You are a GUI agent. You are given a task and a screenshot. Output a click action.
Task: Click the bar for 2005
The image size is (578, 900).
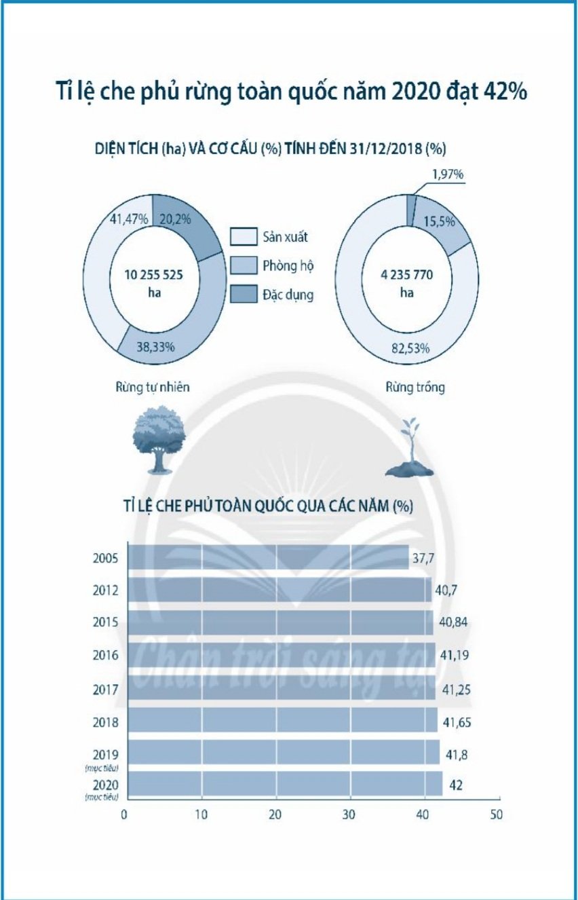pyautogui.click(x=268, y=558)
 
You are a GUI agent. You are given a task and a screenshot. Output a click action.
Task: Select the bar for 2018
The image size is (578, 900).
pyautogui.click(x=282, y=721)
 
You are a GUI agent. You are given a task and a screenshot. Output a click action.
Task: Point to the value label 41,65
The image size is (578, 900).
pyautogui.click(x=456, y=721)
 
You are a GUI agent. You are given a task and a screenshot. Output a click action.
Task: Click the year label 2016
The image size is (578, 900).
pyautogui.click(x=106, y=656)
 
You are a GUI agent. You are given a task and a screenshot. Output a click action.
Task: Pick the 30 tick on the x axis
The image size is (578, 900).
pyautogui.click(x=349, y=814)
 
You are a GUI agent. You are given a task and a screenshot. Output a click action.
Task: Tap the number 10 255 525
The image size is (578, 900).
pyautogui.click(x=154, y=276)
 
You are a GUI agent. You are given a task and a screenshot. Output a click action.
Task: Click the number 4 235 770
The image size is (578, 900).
pyautogui.click(x=406, y=276)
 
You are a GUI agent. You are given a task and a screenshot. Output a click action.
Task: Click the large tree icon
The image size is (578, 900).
pyautogui.click(x=158, y=437)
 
